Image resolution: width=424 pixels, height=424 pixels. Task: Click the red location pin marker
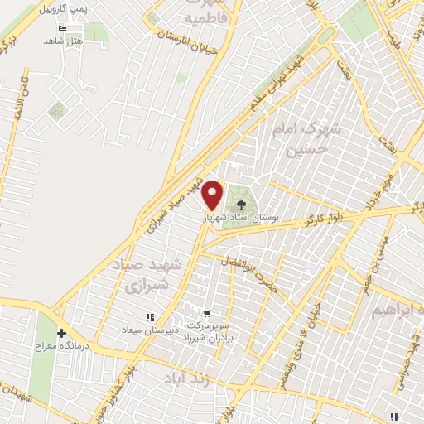213,194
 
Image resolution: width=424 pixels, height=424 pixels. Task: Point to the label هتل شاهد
64,40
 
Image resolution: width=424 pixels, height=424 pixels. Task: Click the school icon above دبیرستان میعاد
150,317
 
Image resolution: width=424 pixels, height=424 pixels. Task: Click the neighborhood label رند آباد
184,378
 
